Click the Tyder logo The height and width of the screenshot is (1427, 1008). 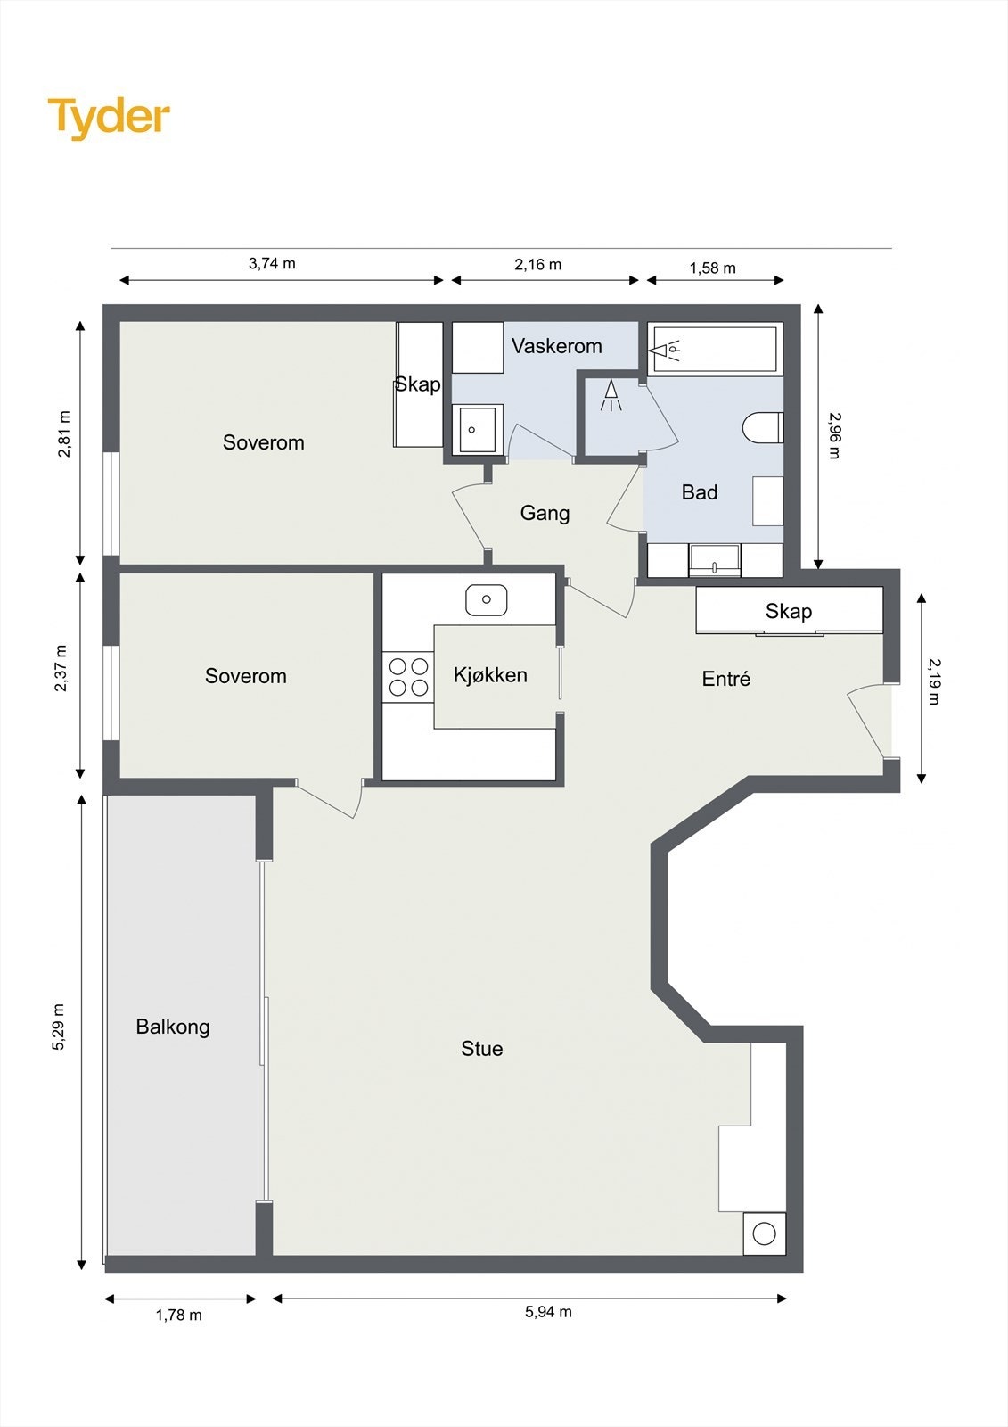pos(109,119)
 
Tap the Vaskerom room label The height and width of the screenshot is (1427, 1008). pos(556,346)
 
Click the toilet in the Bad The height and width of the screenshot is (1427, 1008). pos(762,427)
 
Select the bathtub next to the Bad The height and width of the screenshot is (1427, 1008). pos(715,348)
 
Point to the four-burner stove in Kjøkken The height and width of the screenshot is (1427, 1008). pos(408,677)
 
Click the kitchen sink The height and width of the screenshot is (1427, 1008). pos(486,599)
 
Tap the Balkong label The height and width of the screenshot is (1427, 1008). pos(173,1027)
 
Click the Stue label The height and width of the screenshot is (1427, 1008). pos(482,1049)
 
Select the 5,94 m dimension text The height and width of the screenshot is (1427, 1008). pos(548,1312)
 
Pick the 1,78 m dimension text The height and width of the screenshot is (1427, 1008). pos(179,1315)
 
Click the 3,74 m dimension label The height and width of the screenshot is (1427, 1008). pos(272,263)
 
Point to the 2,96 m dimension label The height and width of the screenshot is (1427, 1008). pos(834,436)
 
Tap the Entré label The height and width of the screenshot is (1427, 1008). pos(725,679)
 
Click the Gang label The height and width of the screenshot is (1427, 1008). pos(545,513)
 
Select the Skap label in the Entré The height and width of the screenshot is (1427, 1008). pos(789,611)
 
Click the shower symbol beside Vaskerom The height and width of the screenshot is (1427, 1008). pos(611,396)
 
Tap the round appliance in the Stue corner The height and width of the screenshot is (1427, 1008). pos(764,1234)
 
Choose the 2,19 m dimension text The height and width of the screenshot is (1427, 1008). pos(934,681)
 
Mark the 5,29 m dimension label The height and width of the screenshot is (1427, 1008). pos(58,1027)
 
